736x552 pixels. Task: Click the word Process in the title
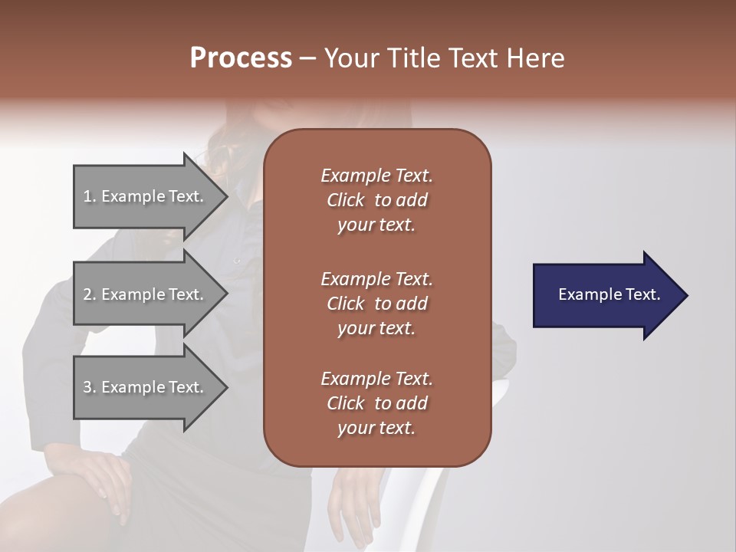click(241, 58)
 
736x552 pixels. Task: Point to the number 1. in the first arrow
click(89, 196)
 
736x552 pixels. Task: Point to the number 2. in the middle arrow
click(89, 294)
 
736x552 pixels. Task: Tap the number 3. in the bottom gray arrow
click(89, 387)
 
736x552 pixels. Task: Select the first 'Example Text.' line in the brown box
click(376, 176)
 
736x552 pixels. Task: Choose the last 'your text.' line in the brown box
click(376, 428)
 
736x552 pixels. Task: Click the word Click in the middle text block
click(346, 304)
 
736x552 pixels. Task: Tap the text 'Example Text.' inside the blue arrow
click(609, 294)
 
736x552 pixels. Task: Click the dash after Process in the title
click(307, 58)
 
